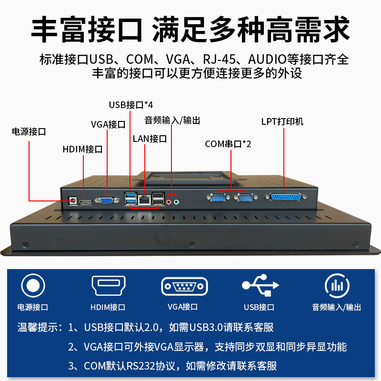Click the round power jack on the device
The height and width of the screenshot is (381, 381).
[x=73, y=201]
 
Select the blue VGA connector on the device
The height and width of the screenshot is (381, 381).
[x=107, y=201]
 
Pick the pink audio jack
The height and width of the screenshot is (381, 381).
[x=170, y=201]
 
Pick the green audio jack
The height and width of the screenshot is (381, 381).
[x=177, y=201]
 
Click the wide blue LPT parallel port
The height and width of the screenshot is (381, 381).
[x=285, y=197]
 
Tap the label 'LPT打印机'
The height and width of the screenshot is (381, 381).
[x=282, y=122]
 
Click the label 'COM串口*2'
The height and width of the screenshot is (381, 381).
[x=228, y=144]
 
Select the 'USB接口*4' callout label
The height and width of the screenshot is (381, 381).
[x=130, y=105]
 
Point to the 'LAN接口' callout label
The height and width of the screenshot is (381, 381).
[x=150, y=139]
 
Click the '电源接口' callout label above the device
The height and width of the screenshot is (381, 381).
[x=29, y=132]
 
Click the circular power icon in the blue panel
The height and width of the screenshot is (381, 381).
[x=33, y=286]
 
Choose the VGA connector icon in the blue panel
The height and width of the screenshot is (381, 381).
[x=184, y=287]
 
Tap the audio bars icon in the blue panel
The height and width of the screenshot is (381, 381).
[x=337, y=286]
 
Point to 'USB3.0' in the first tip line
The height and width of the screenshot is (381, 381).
[x=206, y=328]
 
